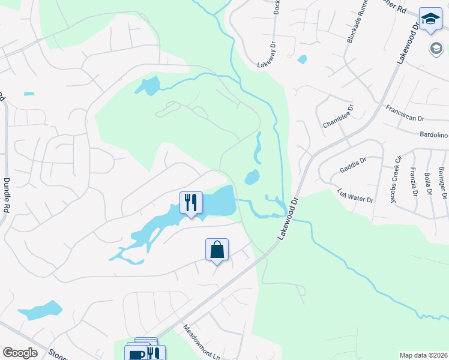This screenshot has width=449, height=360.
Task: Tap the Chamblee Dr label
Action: coord(339,116)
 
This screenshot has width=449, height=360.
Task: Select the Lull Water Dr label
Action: coord(355,196)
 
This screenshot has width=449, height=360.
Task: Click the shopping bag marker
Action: coord(217,250)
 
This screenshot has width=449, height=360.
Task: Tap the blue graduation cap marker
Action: coord(430,19)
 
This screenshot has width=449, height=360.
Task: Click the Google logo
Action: coord(20,353)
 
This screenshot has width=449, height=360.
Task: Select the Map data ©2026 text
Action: coord(423,355)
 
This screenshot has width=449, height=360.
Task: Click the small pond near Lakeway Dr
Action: coord(302,59)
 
